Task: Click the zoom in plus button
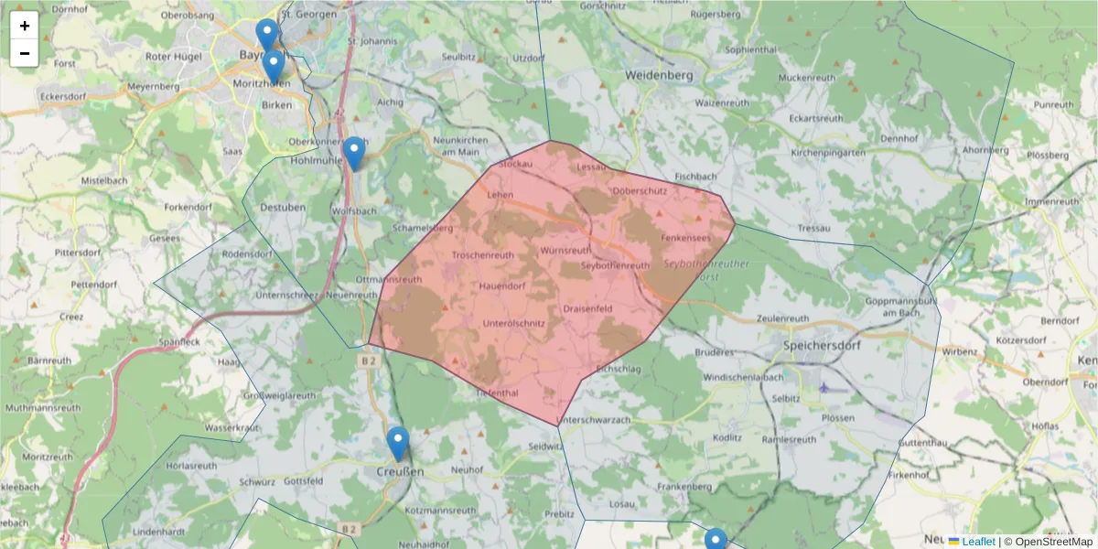(x=25, y=26)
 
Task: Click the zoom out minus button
(x=25, y=53)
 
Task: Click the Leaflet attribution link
(x=978, y=542)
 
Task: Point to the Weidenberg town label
(x=658, y=74)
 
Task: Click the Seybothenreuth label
(x=616, y=265)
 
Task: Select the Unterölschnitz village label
(x=513, y=323)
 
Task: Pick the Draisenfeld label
(x=587, y=309)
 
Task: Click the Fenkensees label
(x=685, y=238)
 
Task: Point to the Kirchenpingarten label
(x=827, y=153)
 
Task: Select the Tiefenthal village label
(x=498, y=393)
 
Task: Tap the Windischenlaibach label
(x=743, y=377)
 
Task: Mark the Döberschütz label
(x=640, y=190)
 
